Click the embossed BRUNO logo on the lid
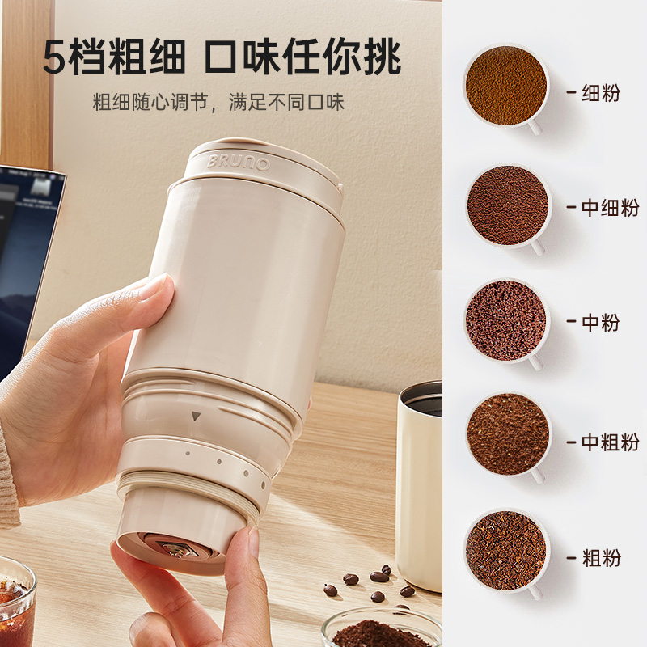coord(239,163)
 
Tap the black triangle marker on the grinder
coord(196,416)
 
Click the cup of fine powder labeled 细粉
coord(506,87)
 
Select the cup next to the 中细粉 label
coord(508,207)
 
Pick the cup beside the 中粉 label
coord(507,321)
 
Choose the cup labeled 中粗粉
coord(509,436)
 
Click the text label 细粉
coord(601,92)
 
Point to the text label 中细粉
coord(611,208)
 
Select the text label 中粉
coord(601,322)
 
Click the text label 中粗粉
coord(611,442)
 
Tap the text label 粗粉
coord(601,557)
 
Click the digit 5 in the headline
coord(54,57)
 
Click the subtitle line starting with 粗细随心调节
coord(218,103)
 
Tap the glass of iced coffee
coord(16,603)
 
